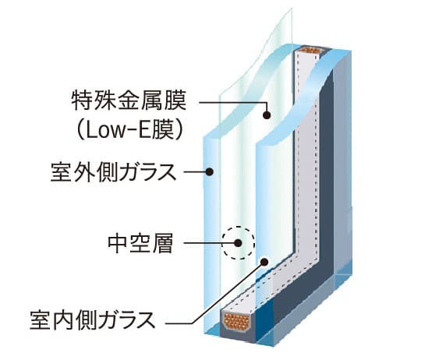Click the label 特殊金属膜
pyautogui.click(x=129, y=101)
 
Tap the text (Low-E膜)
pyautogui.click(x=129, y=130)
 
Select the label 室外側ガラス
pyautogui.click(x=113, y=172)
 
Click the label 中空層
pyautogui.click(x=140, y=244)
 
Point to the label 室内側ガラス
pyautogui.click(x=92, y=320)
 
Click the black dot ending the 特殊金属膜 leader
pyautogui.click(x=267, y=115)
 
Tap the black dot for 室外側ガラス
pyautogui.click(x=209, y=171)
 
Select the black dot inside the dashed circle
pyautogui.click(x=238, y=243)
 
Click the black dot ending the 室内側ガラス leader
pyautogui.click(x=264, y=262)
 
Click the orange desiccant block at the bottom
pyautogui.click(x=237, y=321)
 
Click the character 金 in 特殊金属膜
pyautogui.click(x=129, y=101)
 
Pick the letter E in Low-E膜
pyautogui.click(x=146, y=131)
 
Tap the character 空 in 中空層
pyautogui.click(x=140, y=244)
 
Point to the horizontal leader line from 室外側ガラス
pyautogui.click(x=194, y=171)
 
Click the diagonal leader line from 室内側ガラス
pyautogui.click(x=228, y=293)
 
